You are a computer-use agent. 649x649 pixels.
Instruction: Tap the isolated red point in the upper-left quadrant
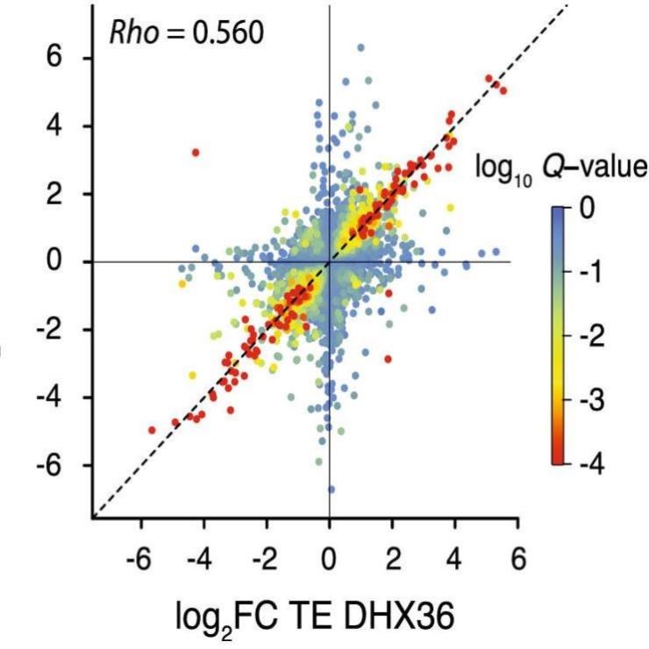click(196, 153)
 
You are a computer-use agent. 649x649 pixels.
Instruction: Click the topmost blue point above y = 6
click(360, 47)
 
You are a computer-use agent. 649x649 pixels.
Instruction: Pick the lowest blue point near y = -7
click(331, 489)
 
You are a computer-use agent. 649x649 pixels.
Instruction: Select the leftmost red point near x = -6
click(152, 430)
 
